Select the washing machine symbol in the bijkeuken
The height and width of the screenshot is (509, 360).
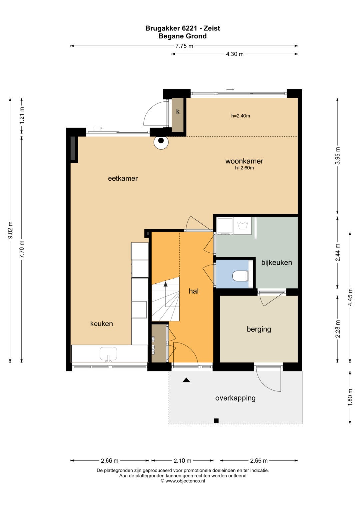pos(243,226)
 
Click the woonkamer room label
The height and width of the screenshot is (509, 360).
pos(244,161)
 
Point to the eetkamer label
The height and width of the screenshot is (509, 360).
pos(123,178)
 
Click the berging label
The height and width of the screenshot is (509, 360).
pos(259,329)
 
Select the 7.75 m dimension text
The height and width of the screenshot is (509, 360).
pos(184,46)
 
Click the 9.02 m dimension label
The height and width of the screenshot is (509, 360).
pos(10,230)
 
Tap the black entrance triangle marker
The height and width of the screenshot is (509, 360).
pos(186,380)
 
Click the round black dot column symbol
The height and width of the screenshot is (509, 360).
pos(161,141)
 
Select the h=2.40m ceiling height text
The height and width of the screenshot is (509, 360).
pos(240,116)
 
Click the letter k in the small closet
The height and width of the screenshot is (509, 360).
pos(178,112)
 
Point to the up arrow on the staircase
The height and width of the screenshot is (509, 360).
pos(165,284)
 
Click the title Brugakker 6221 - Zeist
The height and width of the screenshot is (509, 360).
pos(183,28)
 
